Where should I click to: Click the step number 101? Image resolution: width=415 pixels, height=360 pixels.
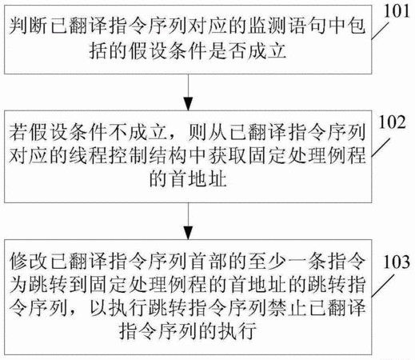point(397,12)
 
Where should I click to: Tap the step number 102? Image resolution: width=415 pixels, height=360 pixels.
point(393,122)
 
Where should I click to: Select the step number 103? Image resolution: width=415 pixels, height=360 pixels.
point(397,262)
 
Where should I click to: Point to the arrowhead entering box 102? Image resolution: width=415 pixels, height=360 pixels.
point(188,104)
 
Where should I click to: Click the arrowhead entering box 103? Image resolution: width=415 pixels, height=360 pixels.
point(188,233)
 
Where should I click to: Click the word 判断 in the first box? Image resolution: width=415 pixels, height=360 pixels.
point(28,26)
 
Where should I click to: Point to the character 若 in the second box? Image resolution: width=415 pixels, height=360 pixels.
point(18,132)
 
